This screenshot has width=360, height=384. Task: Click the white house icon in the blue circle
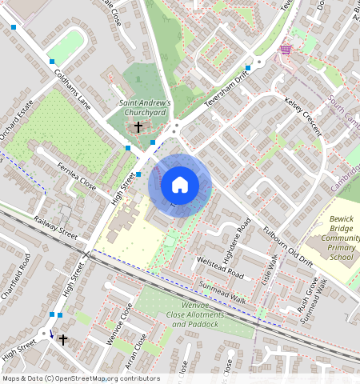(180, 185)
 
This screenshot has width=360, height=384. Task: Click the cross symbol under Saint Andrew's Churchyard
(138, 127)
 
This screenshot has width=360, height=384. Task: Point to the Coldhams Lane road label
(72, 89)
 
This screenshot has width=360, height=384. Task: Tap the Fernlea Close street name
(77, 176)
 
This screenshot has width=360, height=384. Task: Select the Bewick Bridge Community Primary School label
(341, 238)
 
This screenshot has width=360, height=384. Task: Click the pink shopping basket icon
(286, 50)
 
